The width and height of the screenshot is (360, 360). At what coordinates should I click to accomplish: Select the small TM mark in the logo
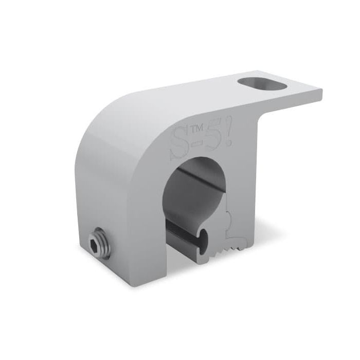click(194, 131)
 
